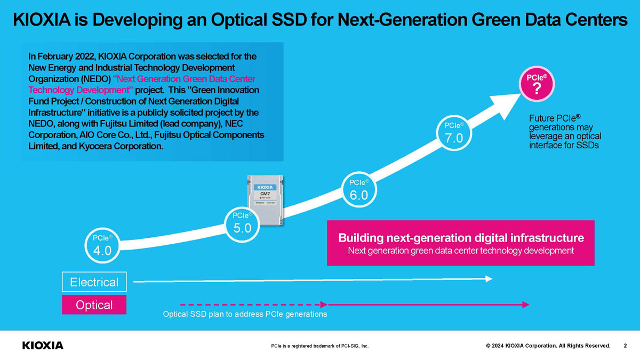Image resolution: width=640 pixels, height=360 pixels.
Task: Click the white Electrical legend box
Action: (x=94, y=282)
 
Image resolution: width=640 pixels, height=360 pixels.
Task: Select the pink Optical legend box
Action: (x=94, y=305)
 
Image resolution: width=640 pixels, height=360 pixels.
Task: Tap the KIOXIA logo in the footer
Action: (x=43, y=345)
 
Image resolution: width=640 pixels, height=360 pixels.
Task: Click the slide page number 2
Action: (x=625, y=346)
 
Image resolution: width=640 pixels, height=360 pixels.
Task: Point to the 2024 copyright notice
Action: (x=548, y=346)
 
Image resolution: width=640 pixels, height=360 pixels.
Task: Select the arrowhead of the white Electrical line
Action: (x=488, y=278)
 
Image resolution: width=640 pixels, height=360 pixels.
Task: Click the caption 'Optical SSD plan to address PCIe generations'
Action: (x=245, y=314)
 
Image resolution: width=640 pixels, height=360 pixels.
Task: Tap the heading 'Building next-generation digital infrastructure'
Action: (x=461, y=237)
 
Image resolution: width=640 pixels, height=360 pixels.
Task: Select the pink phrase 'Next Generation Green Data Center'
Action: (x=180, y=78)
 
